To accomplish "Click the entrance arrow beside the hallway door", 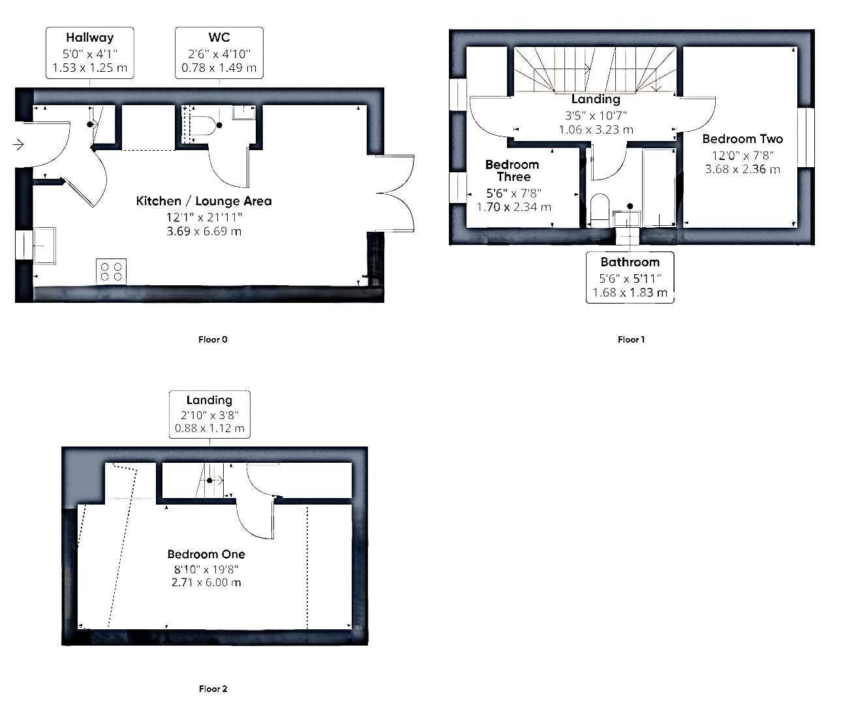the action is pyautogui.click(x=18, y=144).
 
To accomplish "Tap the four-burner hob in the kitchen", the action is pyautogui.click(x=111, y=272).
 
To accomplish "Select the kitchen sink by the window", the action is pyautogui.click(x=44, y=246).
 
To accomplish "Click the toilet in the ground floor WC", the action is pyautogui.click(x=203, y=125).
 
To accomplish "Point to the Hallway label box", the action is pyautogui.click(x=90, y=53).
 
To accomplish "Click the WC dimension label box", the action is pyautogui.click(x=219, y=53).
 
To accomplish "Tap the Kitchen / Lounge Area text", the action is pyautogui.click(x=204, y=201).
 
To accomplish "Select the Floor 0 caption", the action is pyautogui.click(x=213, y=339).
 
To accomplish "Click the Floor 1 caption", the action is pyautogui.click(x=631, y=339).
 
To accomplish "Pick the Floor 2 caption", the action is pyautogui.click(x=213, y=689).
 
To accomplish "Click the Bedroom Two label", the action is pyautogui.click(x=742, y=138).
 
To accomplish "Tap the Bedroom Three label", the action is pyautogui.click(x=512, y=170).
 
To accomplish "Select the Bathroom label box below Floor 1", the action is pyautogui.click(x=630, y=277).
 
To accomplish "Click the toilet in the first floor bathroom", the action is pyautogui.click(x=600, y=210).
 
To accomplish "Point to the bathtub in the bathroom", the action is pyautogui.click(x=659, y=187).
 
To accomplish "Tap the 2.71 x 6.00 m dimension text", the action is pyautogui.click(x=206, y=582).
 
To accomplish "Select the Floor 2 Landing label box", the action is pyautogui.click(x=209, y=415).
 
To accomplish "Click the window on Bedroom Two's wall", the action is pyautogui.click(x=806, y=138).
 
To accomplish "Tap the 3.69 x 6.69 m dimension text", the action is pyautogui.click(x=204, y=231).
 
